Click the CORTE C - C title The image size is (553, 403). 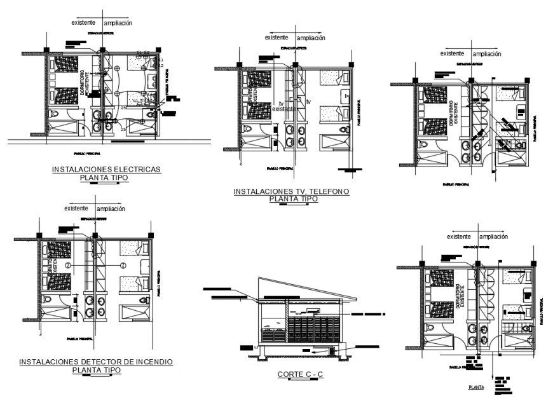pos(301,374)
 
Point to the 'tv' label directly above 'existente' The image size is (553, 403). pos(280,102)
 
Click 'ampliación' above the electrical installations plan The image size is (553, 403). pos(115,23)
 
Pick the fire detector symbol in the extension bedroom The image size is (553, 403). pos(123,264)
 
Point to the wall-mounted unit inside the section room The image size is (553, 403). pos(311,310)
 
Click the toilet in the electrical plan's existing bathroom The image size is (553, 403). pos(55,113)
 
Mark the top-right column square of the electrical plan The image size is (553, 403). pos(157,49)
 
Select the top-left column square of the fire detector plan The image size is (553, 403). pos(39,235)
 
